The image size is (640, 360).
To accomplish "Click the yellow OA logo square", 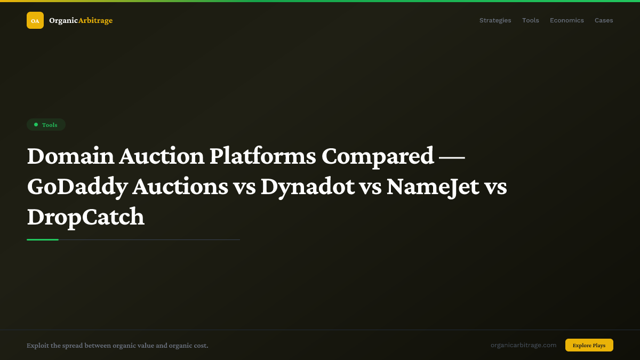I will point(35,20).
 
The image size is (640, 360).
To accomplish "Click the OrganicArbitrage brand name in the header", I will point(81,20).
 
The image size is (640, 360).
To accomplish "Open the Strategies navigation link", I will point(495,20).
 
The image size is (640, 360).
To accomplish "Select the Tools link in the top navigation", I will point(530,20).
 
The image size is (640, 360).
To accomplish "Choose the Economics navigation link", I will point(566,20).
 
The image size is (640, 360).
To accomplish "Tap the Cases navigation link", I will point(604,20).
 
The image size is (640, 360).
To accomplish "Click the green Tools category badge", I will point(46,125).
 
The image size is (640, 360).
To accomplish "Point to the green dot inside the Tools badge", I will point(36,125).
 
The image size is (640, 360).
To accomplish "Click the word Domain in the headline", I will point(70,156).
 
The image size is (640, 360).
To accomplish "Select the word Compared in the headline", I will point(378,156).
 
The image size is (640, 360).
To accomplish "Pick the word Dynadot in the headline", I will point(308,187).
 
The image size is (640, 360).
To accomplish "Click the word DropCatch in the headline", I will point(86,217).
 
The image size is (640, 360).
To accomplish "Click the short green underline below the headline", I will point(43,239).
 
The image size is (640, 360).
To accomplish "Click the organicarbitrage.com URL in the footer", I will point(523,345).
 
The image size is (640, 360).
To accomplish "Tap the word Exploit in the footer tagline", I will point(37,346).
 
